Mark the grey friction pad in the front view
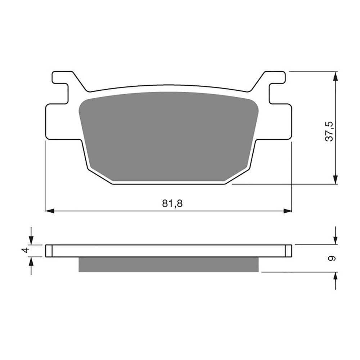coord(168,137)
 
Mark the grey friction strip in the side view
coord(168,264)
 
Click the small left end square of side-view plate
coord(49,251)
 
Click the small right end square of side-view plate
coord(288,251)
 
